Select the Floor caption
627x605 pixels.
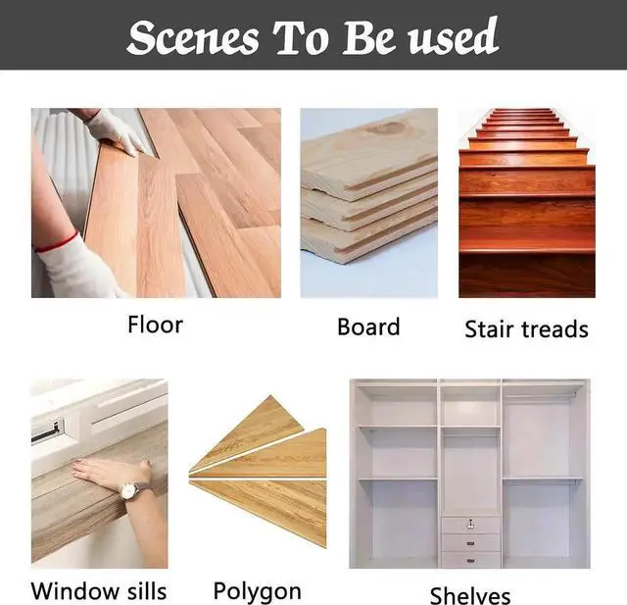155,325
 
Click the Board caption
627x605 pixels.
368,327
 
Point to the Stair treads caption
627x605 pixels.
526,328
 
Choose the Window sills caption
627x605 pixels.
99,590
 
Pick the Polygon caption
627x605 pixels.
258,591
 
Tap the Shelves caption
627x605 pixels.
470,595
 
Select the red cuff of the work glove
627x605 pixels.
59,242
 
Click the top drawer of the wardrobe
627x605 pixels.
470,524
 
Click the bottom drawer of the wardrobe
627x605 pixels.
470,559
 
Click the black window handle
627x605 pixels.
46,430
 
